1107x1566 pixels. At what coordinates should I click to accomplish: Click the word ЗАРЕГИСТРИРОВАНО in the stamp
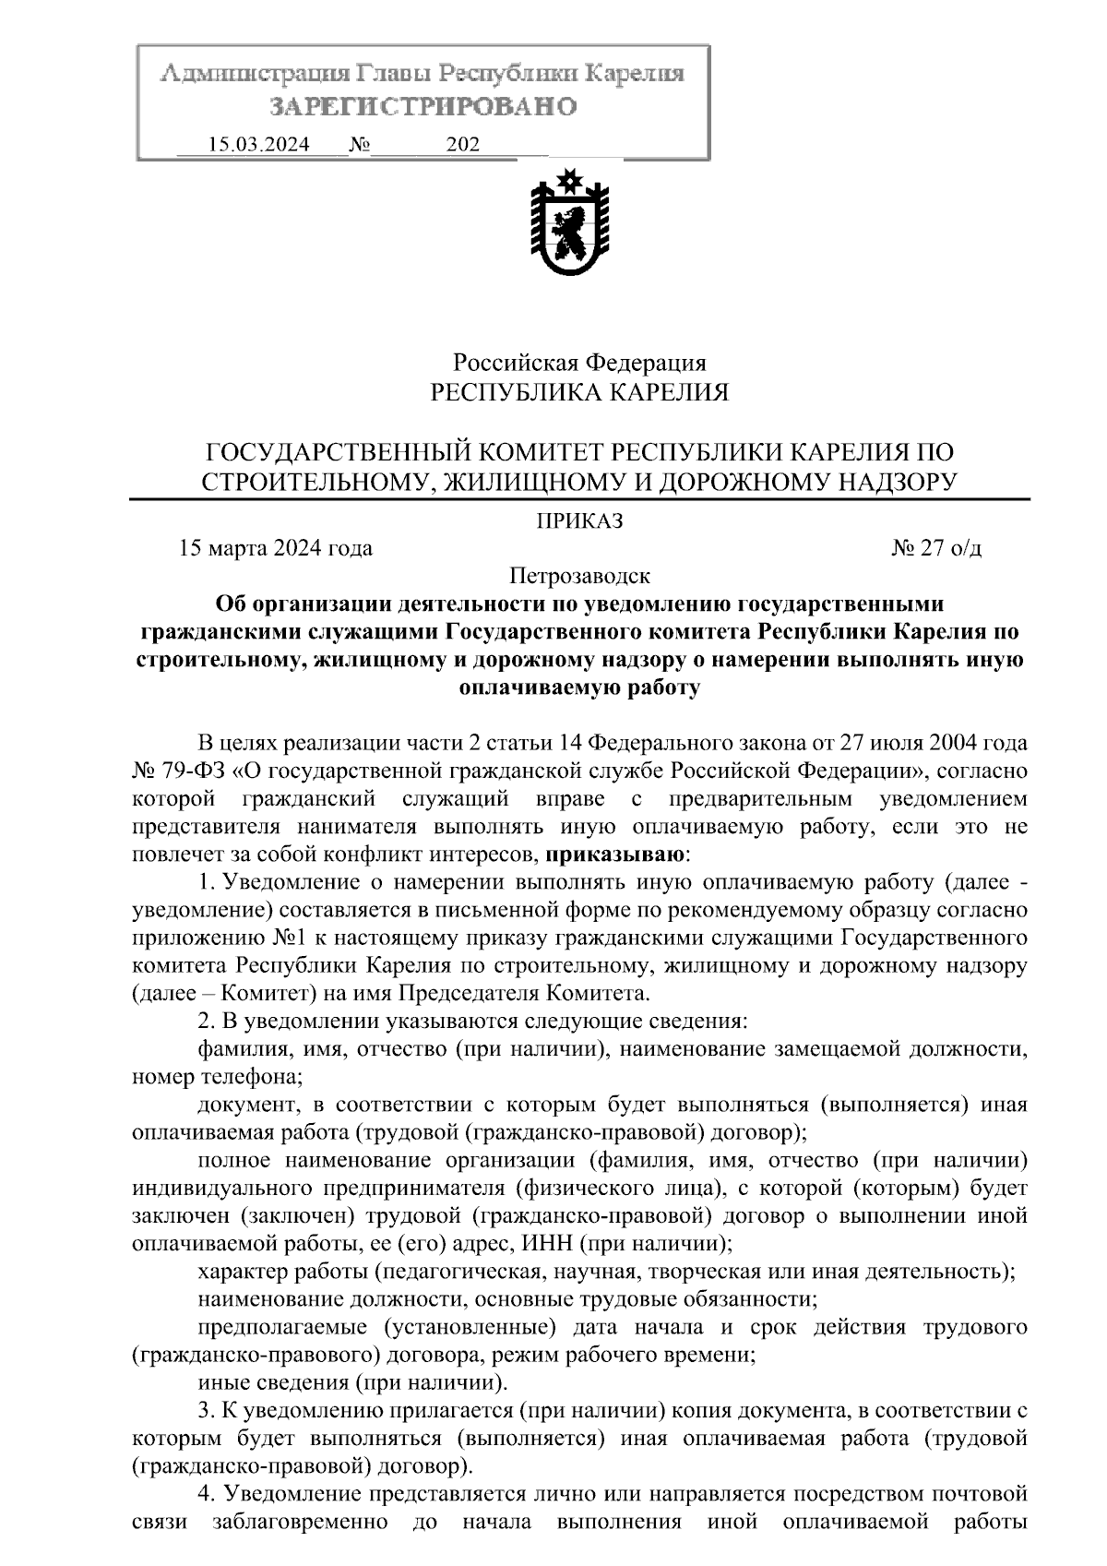[x=423, y=107]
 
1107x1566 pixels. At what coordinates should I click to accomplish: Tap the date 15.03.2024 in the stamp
[x=259, y=145]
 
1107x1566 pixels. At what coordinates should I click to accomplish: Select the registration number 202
[x=462, y=145]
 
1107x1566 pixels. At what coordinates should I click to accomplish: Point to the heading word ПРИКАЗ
[x=580, y=521]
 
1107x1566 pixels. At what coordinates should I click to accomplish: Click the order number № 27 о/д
[x=937, y=548]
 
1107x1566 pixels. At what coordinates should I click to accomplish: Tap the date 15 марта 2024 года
[x=277, y=548]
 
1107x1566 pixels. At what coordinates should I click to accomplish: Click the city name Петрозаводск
[x=580, y=577]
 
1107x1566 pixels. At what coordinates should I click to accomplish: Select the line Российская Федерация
[x=580, y=363]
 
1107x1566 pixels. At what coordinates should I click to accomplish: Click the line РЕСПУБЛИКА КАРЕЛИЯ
[x=580, y=393]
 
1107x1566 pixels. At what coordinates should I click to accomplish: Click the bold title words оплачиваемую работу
[x=579, y=687]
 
